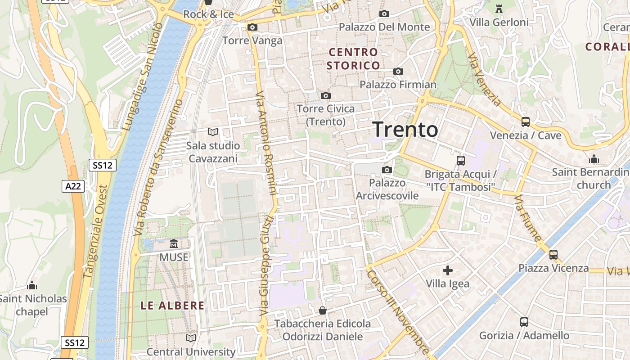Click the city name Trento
point(405,130)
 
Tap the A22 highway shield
point(73,186)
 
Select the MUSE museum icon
point(174,244)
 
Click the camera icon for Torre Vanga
point(252,27)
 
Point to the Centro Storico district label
point(353,59)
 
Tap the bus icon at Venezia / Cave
point(525,121)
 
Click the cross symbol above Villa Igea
point(448,270)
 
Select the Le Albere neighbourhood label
point(172,306)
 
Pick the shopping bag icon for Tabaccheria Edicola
point(323,310)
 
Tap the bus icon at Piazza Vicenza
point(553,255)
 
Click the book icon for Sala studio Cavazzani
point(212,132)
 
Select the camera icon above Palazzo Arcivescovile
point(387,170)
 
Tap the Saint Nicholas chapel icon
point(32,285)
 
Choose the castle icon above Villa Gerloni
point(499,9)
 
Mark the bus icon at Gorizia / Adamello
point(524,322)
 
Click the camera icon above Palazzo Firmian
point(398,71)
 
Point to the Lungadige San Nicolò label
point(143,76)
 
